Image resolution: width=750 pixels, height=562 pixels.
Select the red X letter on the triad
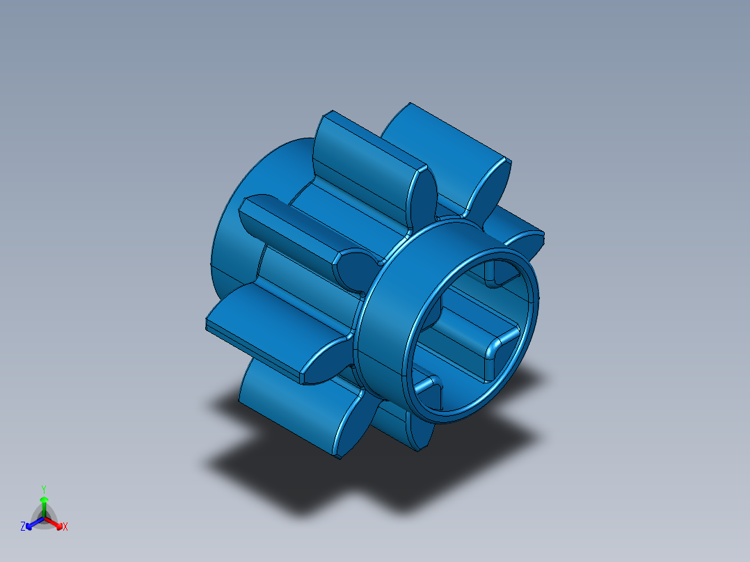65,527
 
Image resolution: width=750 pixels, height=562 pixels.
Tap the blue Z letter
23,527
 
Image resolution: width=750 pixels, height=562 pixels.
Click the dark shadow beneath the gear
313,480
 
